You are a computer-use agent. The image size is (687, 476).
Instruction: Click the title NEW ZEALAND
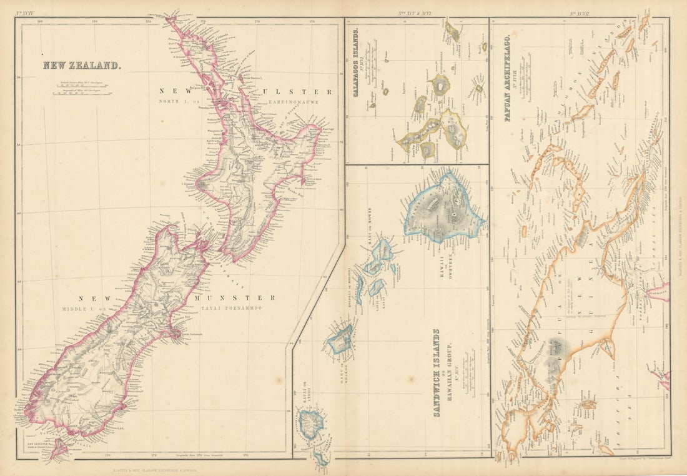coord(81,65)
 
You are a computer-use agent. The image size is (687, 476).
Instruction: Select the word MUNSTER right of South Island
coord(234,298)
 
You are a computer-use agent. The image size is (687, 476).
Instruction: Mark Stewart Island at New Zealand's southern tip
coord(57,449)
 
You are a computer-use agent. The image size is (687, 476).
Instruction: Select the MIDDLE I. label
coord(79,309)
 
